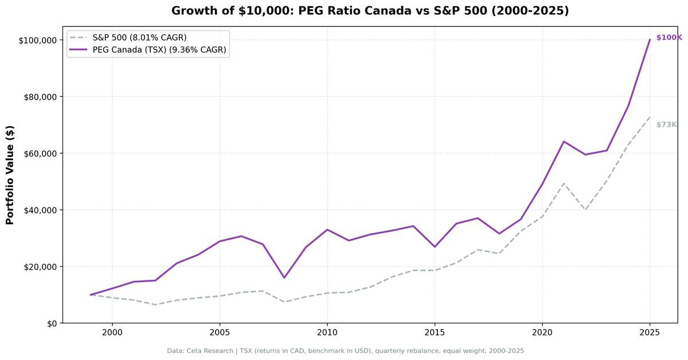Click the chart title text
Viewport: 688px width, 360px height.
[370, 11]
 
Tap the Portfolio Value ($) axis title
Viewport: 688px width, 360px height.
[10, 174]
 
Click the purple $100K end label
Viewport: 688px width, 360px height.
[669, 37]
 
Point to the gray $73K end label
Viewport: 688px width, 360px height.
[666, 124]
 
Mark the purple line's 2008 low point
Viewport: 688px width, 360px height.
[284, 277]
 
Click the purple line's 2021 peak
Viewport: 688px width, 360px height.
[564, 142]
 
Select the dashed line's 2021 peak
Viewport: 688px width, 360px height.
[564, 183]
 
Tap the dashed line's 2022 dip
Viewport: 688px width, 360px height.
[585, 210]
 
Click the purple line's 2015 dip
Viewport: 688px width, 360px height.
[435, 246]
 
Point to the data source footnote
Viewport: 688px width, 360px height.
[345, 350]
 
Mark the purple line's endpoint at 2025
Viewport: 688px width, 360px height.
[650, 40]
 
